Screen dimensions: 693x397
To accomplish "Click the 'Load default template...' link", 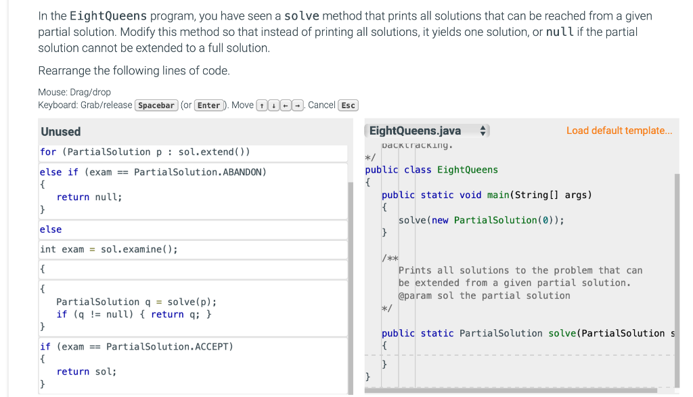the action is (x=619, y=131).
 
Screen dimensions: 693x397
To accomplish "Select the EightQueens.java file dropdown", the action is (x=426, y=131).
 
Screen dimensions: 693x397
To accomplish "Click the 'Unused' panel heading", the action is (x=60, y=131).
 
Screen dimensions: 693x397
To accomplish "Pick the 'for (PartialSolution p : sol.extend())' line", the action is (x=145, y=151).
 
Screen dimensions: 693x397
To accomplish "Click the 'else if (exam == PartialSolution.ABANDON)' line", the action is (x=153, y=172).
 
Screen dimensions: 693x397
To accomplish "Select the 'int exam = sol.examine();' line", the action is (x=109, y=249).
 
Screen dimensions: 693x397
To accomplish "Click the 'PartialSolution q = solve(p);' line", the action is (x=136, y=302).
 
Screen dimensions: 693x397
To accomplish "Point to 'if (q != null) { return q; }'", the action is (x=135, y=314).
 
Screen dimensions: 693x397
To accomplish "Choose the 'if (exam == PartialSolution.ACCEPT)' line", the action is (x=136, y=346).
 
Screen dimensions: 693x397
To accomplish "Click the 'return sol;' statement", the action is (x=87, y=371).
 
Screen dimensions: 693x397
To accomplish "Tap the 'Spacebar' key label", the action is (x=157, y=105).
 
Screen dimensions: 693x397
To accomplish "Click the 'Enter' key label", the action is (x=209, y=105).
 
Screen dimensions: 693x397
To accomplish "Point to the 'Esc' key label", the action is (x=348, y=105).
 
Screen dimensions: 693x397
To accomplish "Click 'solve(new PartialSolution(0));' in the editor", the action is (x=481, y=220).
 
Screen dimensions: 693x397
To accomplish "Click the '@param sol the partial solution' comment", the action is (x=484, y=296).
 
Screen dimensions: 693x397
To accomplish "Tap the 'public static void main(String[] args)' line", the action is (x=487, y=195).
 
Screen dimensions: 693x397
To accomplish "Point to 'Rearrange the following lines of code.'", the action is (x=134, y=70).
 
